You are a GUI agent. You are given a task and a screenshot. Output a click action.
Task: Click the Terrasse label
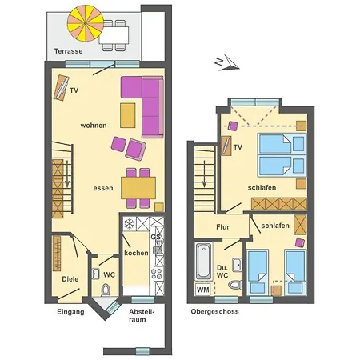[x=70, y=50]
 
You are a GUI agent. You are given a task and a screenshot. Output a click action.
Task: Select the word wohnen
[x=94, y=126]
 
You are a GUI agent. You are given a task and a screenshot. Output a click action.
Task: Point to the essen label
[x=102, y=189]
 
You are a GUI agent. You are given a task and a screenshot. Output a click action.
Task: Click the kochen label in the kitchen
[x=136, y=253]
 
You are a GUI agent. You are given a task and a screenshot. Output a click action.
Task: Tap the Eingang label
[x=70, y=312]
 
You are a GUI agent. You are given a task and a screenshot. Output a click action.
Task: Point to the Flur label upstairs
[x=223, y=227]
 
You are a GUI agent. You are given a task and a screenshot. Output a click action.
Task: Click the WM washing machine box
[x=203, y=289]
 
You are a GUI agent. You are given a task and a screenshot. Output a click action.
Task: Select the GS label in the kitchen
[x=156, y=238]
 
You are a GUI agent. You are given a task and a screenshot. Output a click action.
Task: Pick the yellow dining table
[x=139, y=186]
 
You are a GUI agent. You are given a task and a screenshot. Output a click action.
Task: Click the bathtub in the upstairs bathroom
[x=203, y=261]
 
